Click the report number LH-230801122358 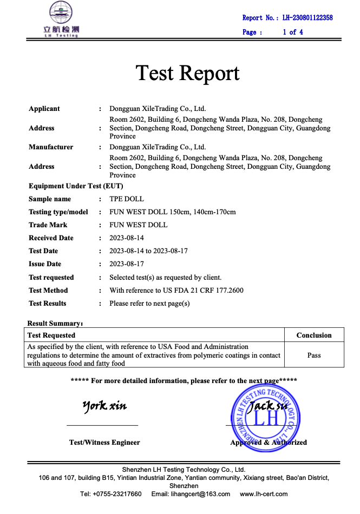[x=307, y=18]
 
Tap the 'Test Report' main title [x=187, y=73]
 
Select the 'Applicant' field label [x=44, y=109]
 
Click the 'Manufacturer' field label [x=51, y=147]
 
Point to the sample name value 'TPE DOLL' [x=127, y=199]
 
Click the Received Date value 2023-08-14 [x=127, y=238]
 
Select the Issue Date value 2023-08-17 [x=127, y=264]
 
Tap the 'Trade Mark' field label [x=48, y=225]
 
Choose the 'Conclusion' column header [x=314, y=335]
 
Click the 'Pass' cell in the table [x=314, y=355]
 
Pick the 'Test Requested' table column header [x=51, y=335]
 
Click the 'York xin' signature [x=104, y=406]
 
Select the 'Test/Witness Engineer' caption [x=104, y=443]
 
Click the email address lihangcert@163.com [x=200, y=494]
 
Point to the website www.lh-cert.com [x=264, y=494]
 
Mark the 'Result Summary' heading [x=55, y=324]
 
